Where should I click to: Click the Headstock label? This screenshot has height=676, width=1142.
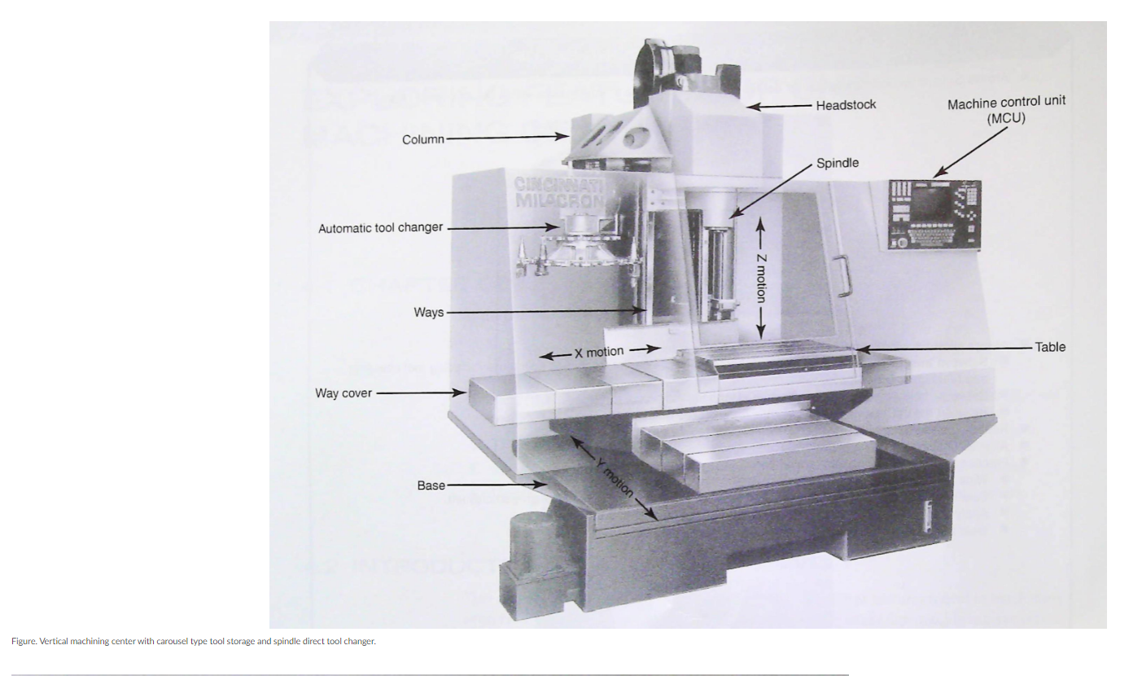coord(846,105)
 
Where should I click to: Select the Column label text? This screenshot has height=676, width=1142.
coord(423,139)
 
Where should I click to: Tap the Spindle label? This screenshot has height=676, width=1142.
coord(838,163)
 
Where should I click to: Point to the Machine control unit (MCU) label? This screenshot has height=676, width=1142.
coord(1006,109)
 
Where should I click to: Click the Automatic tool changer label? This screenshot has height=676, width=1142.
coord(380,228)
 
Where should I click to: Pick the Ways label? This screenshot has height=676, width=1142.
coord(429,312)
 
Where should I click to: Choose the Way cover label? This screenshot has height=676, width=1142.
coord(343,393)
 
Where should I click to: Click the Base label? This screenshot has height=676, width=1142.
coord(431,485)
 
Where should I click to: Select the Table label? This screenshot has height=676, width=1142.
coord(1050,347)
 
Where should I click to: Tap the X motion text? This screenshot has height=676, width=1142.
coord(599,352)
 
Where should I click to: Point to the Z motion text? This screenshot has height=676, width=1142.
coord(760,277)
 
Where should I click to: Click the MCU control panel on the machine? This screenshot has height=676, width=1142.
coord(934,214)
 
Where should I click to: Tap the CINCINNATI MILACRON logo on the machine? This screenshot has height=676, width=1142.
coord(560,192)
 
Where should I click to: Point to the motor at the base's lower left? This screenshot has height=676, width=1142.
coord(531,542)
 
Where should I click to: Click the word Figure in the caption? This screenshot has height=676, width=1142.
coord(24,642)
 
